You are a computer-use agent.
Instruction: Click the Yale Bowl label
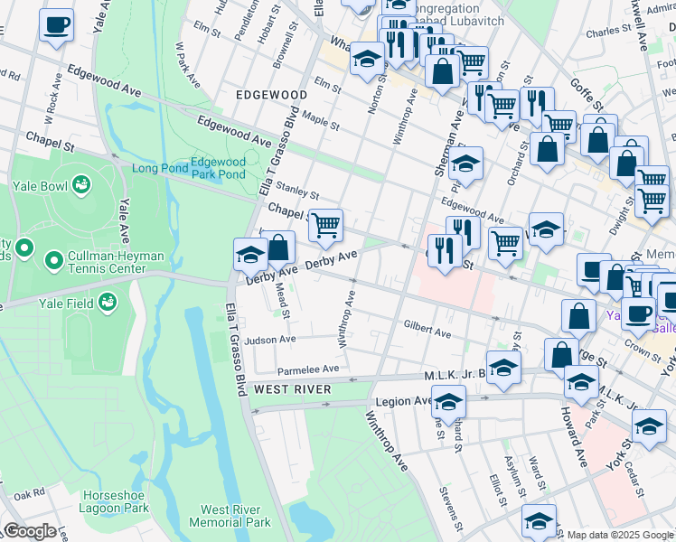[37, 189]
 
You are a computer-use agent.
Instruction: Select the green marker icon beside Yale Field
[108, 300]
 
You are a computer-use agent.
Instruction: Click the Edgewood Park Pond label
[218, 169]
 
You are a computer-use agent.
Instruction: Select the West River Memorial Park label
[230, 516]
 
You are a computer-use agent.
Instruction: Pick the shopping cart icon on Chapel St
[325, 225]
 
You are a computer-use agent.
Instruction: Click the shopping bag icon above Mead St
[279, 248]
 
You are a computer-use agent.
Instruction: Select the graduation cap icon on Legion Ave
[448, 401]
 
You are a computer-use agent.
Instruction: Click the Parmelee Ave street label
[307, 369]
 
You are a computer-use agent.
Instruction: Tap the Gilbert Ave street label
[427, 333]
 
